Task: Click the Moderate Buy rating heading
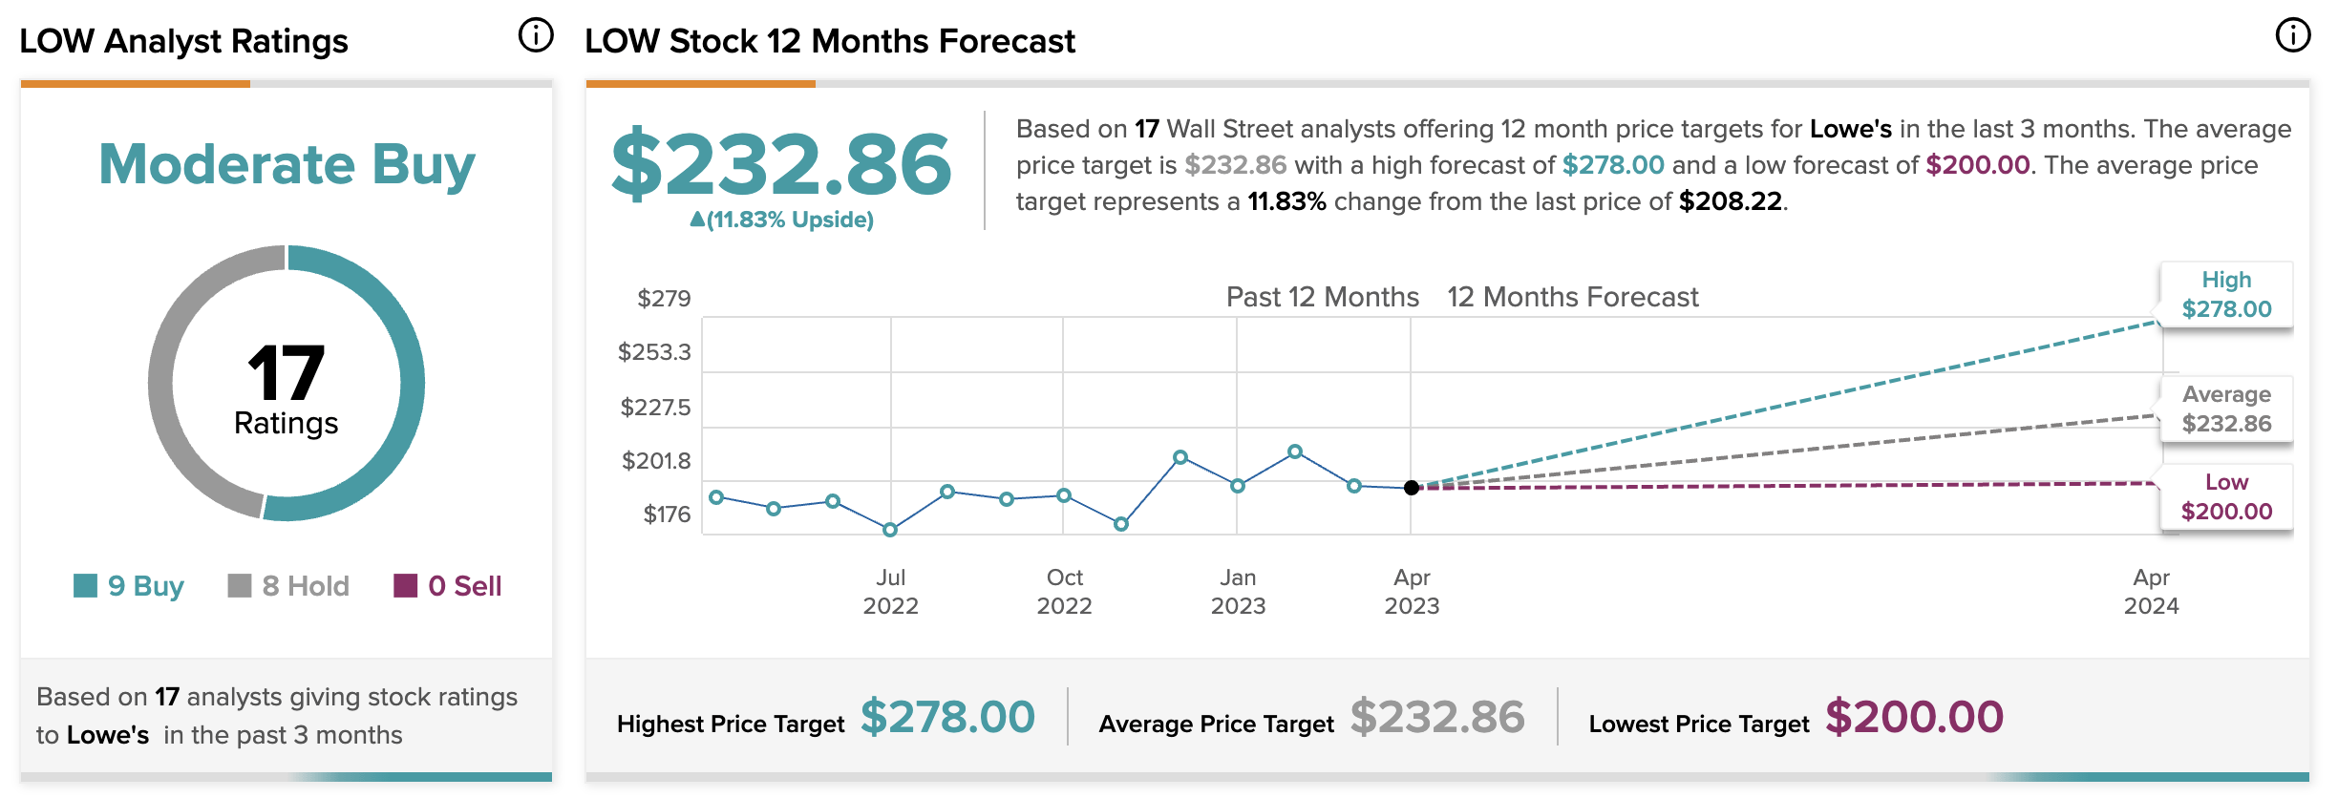point(287,164)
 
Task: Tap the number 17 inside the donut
point(286,373)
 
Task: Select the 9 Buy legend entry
point(129,585)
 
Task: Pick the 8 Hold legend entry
point(288,585)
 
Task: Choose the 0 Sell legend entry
point(447,585)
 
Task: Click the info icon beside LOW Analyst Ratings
point(536,35)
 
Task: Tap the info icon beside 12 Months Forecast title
point(2292,35)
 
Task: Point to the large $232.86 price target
point(781,164)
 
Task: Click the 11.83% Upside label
point(781,220)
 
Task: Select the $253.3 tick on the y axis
point(654,352)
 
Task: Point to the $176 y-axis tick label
point(667,514)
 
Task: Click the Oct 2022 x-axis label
point(1064,591)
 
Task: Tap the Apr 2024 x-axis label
point(2151,591)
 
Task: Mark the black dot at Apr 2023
point(1412,488)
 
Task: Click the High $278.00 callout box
point(2226,294)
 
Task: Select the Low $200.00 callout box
point(2226,496)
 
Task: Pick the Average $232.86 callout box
point(2226,409)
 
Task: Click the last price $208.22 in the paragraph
point(1730,201)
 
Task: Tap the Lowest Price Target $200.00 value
point(1914,717)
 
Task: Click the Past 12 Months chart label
point(1322,297)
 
